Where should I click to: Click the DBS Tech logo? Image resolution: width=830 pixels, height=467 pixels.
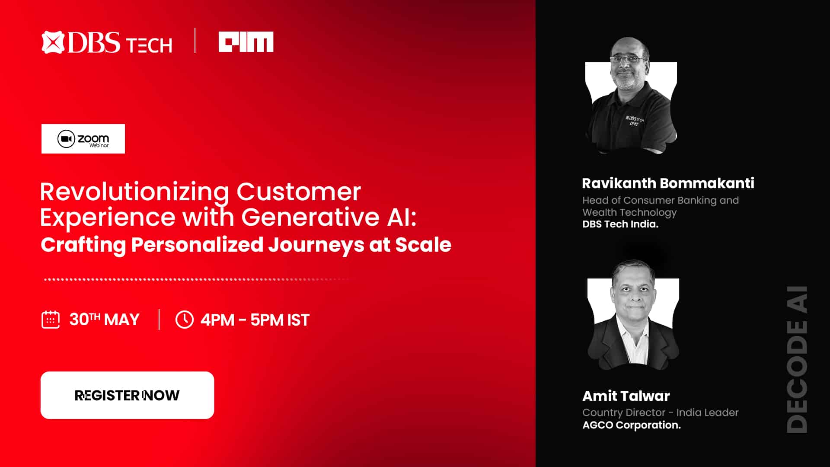click(x=107, y=42)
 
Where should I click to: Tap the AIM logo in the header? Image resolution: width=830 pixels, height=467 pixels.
click(x=246, y=42)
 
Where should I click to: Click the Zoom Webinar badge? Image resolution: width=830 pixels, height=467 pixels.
click(x=83, y=139)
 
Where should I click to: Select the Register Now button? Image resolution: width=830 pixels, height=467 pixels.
click(x=127, y=395)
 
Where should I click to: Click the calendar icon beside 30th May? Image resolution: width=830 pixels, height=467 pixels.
click(x=51, y=320)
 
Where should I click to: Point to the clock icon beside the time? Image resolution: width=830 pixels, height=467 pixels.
click(x=185, y=320)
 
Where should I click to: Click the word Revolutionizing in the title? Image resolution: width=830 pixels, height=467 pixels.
click(x=134, y=192)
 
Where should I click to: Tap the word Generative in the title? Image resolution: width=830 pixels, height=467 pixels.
click(x=310, y=217)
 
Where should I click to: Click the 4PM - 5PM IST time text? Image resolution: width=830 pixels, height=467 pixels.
click(x=255, y=320)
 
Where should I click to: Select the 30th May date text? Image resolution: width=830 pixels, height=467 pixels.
click(x=105, y=320)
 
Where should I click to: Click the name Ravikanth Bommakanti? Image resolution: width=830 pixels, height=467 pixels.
click(x=668, y=183)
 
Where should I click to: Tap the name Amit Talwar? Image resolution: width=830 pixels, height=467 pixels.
click(x=626, y=396)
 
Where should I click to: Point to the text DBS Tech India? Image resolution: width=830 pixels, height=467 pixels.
click(x=620, y=224)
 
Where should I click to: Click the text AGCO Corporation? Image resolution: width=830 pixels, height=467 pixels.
click(x=632, y=425)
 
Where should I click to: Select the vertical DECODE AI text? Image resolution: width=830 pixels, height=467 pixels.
click(x=797, y=359)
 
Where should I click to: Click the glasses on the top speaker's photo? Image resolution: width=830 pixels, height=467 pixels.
click(x=629, y=59)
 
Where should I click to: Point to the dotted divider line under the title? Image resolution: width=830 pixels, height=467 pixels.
click(x=197, y=279)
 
